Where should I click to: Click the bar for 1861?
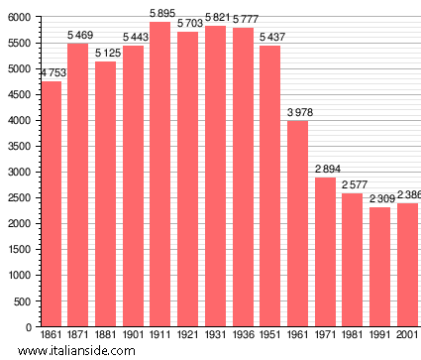pyautogui.click(x=52, y=203)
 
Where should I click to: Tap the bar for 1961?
pyautogui.click(x=298, y=223)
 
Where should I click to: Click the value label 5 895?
pyautogui.click(x=161, y=13)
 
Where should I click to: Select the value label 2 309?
pyautogui.click(x=380, y=198)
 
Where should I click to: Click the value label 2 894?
pyautogui.click(x=326, y=169)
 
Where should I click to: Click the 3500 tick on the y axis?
pyautogui.click(x=18, y=146)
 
